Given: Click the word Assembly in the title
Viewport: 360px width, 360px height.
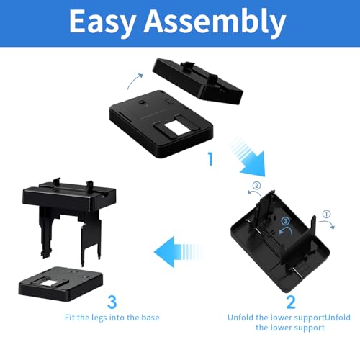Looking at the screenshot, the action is click(215, 22).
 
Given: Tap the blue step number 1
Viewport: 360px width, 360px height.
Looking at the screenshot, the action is click(211, 159).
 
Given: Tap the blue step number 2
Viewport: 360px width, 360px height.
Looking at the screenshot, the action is click(291, 302).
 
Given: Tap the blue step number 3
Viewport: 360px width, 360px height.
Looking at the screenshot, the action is click(112, 302).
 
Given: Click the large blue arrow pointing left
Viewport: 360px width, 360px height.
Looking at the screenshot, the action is click(179, 252).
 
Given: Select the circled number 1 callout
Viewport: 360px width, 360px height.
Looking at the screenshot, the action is click(326, 214).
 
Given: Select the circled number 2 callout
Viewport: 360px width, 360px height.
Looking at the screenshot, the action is click(256, 186).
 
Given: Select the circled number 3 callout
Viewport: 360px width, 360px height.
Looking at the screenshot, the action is click(285, 221).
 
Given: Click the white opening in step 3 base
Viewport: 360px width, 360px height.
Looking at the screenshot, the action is click(49, 283).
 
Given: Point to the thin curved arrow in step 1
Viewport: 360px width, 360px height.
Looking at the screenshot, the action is click(134, 81).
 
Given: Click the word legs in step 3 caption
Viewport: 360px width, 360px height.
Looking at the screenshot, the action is click(99, 318).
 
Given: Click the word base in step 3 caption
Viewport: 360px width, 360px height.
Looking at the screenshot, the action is click(150, 318).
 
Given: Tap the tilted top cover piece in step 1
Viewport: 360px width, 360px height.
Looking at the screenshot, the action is click(198, 81).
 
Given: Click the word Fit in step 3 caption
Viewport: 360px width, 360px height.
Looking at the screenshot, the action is click(68, 318).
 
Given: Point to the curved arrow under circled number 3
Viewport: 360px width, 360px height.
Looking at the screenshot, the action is click(287, 231).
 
